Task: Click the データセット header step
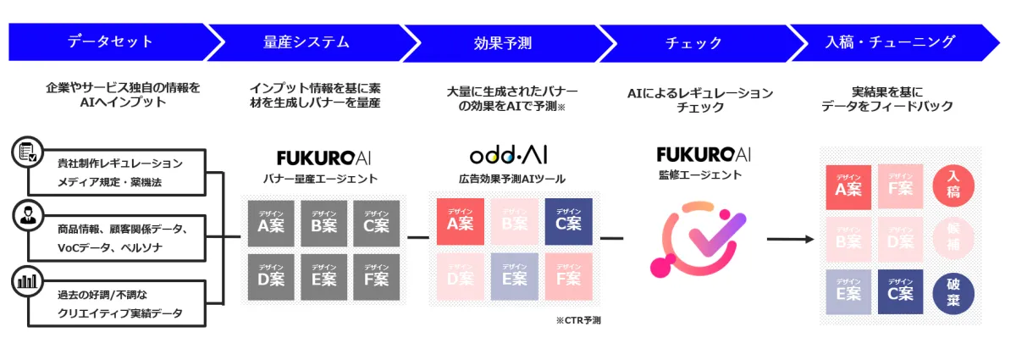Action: pyautogui.click(x=110, y=42)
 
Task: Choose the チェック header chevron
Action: pyautogui.click(x=694, y=42)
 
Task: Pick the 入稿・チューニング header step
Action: pyautogui.click(x=889, y=42)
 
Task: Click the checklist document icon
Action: pyautogui.click(x=25, y=152)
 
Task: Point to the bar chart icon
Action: pyautogui.click(x=25, y=280)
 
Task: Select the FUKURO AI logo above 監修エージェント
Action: pyautogui.click(x=703, y=155)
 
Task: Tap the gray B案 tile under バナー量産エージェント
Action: pyautogui.click(x=323, y=224)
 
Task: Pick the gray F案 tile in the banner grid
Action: pyautogui.click(x=376, y=277)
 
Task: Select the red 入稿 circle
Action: pyautogui.click(x=953, y=186)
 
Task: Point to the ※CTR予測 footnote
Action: pyautogui.click(x=578, y=320)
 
